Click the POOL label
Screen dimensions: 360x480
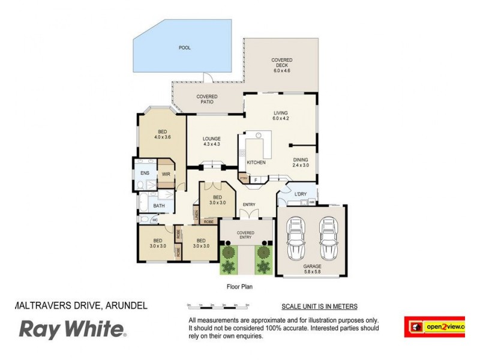pos(184,47)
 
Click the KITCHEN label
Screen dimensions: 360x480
pos(256,163)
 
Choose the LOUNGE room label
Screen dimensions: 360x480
pos(211,142)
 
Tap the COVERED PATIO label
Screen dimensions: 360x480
pos(207,99)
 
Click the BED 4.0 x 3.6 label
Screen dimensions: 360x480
pos(163,134)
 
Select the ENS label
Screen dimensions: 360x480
pos(145,173)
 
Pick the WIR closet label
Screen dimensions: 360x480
pos(166,175)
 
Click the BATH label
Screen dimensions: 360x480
pos(158,206)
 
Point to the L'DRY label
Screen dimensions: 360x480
pos(301,194)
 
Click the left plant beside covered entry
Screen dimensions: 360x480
pos(228,259)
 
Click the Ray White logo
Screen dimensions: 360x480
pos(72,329)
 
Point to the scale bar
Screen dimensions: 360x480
pos(217,306)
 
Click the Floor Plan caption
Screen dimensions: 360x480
pos(239,287)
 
